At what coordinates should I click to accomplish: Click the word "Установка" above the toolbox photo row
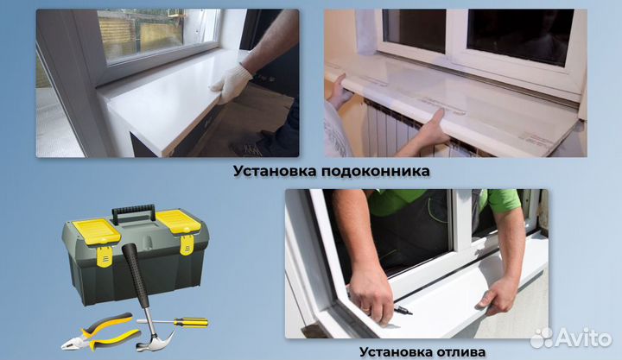tap(273, 171)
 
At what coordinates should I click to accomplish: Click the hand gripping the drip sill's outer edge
tap(500, 294)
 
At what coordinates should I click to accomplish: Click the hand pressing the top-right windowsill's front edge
tap(432, 130)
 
